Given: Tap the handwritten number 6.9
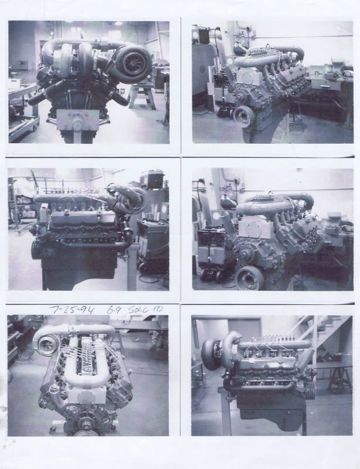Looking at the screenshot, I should pyautogui.click(x=110, y=309).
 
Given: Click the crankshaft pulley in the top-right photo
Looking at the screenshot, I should pyautogui.click(x=242, y=115).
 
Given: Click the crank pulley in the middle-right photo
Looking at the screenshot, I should pyautogui.click(x=249, y=277).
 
